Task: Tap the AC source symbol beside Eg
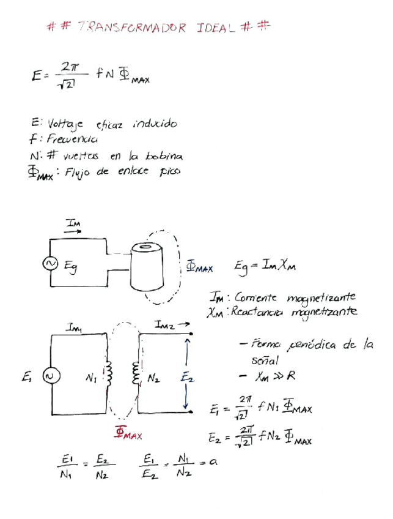click(x=48, y=263)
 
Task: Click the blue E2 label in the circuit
click(x=188, y=378)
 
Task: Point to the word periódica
click(x=309, y=346)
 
